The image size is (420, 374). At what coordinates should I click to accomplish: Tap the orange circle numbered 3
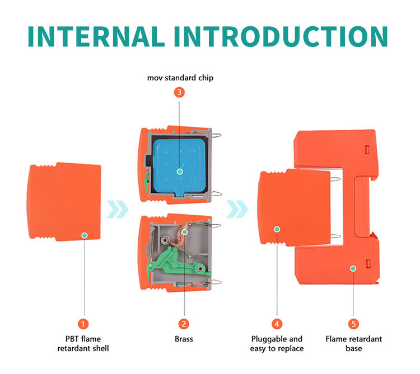tap(179, 93)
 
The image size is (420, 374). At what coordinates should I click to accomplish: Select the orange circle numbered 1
tap(83, 324)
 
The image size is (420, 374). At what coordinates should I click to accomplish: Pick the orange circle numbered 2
tap(184, 324)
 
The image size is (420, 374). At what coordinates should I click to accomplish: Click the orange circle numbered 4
tap(277, 324)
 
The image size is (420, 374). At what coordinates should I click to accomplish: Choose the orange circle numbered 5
tap(353, 324)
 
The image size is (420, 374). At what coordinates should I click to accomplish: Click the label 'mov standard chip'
tap(180, 78)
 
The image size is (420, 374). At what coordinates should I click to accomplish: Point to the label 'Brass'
tap(184, 339)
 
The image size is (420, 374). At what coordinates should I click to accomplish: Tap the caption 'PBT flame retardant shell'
tap(83, 344)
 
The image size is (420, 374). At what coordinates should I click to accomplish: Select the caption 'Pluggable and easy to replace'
tap(277, 344)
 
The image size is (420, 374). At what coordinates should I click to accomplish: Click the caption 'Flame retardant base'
tap(354, 344)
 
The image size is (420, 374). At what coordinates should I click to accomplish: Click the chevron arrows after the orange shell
tap(118, 210)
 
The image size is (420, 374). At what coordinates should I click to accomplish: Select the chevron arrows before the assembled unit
tap(237, 210)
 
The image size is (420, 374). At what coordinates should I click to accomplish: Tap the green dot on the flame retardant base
tap(353, 268)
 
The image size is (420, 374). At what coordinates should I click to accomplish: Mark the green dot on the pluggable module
tap(277, 228)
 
